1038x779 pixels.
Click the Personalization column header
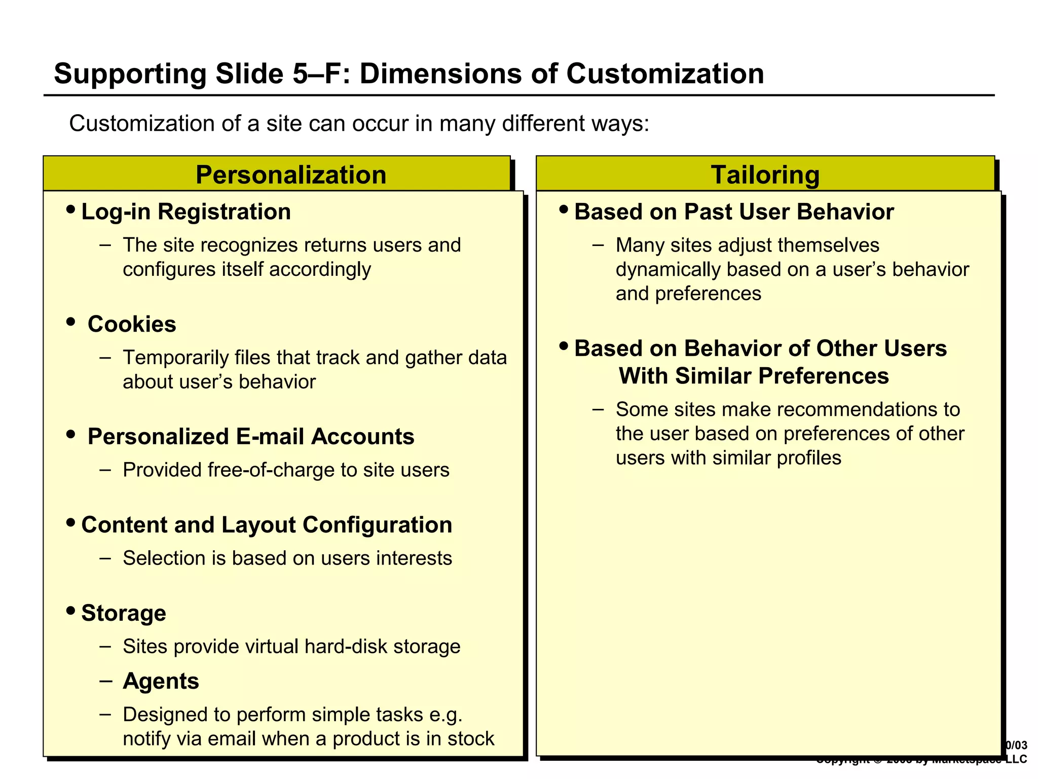pos(291,175)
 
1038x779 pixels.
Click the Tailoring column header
pos(765,175)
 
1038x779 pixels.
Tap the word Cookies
pos(132,324)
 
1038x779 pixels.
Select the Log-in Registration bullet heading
pos(186,211)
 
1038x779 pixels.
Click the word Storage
pos(124,613)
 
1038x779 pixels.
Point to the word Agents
pos(161,681)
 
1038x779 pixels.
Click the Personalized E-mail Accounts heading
pos(251,437)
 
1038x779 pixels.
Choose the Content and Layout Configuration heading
pos(267,525)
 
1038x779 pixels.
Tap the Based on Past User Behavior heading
pos(734,211)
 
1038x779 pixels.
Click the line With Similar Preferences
pos(754,376)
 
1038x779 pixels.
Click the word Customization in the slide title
pos(665,74)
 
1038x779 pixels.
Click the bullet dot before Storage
pos(71,610)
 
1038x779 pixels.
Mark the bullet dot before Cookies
pos(71,322)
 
